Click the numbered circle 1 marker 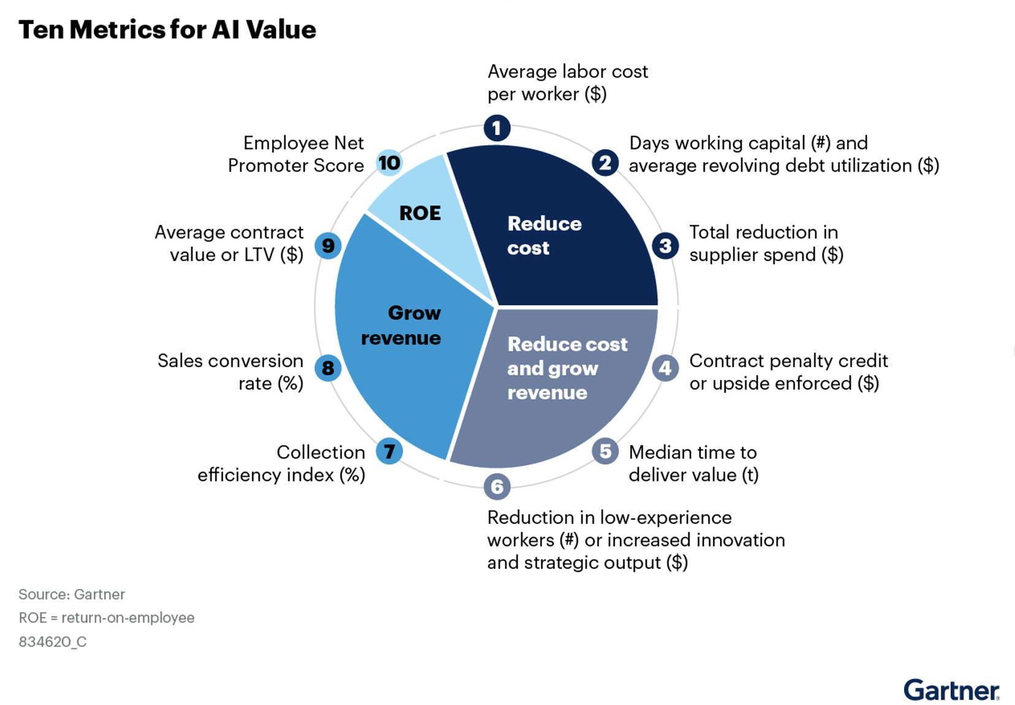497,128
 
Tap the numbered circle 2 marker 605,162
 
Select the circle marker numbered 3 665,246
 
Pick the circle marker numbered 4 665,368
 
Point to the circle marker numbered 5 605,451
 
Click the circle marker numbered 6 497,487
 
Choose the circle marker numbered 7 389,451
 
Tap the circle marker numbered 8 328,368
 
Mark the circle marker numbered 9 328,246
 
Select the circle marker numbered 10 389,162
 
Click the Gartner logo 951,690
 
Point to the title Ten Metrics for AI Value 167,29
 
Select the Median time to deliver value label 693,463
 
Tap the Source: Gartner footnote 72,594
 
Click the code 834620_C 53,642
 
